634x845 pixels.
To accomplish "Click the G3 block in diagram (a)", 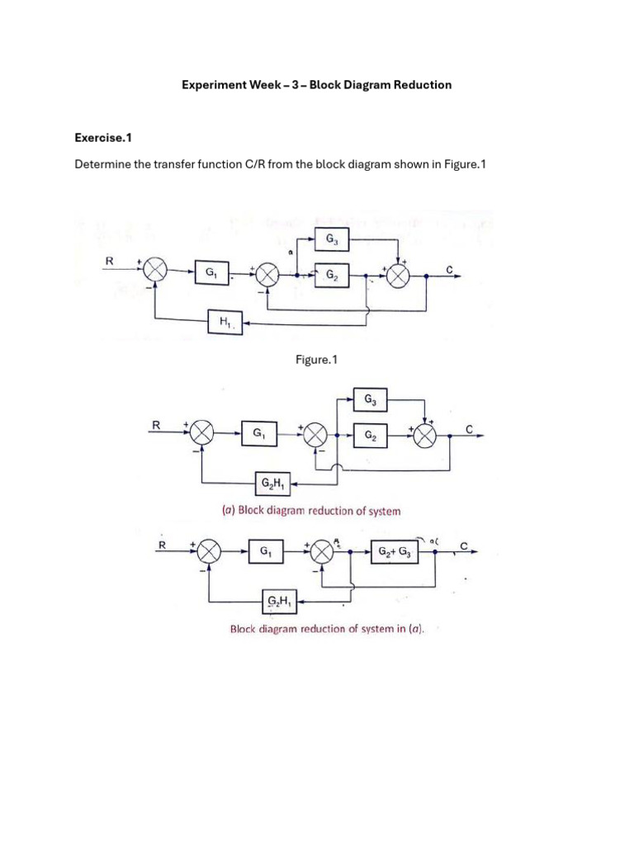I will click(369, 399).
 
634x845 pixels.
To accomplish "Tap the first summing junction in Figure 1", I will click(154, 270).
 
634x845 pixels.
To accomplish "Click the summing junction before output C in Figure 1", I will click(399, 277).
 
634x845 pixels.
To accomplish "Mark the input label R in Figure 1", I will click(107, 261).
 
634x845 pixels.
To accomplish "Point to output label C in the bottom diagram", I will click(464, 545).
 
